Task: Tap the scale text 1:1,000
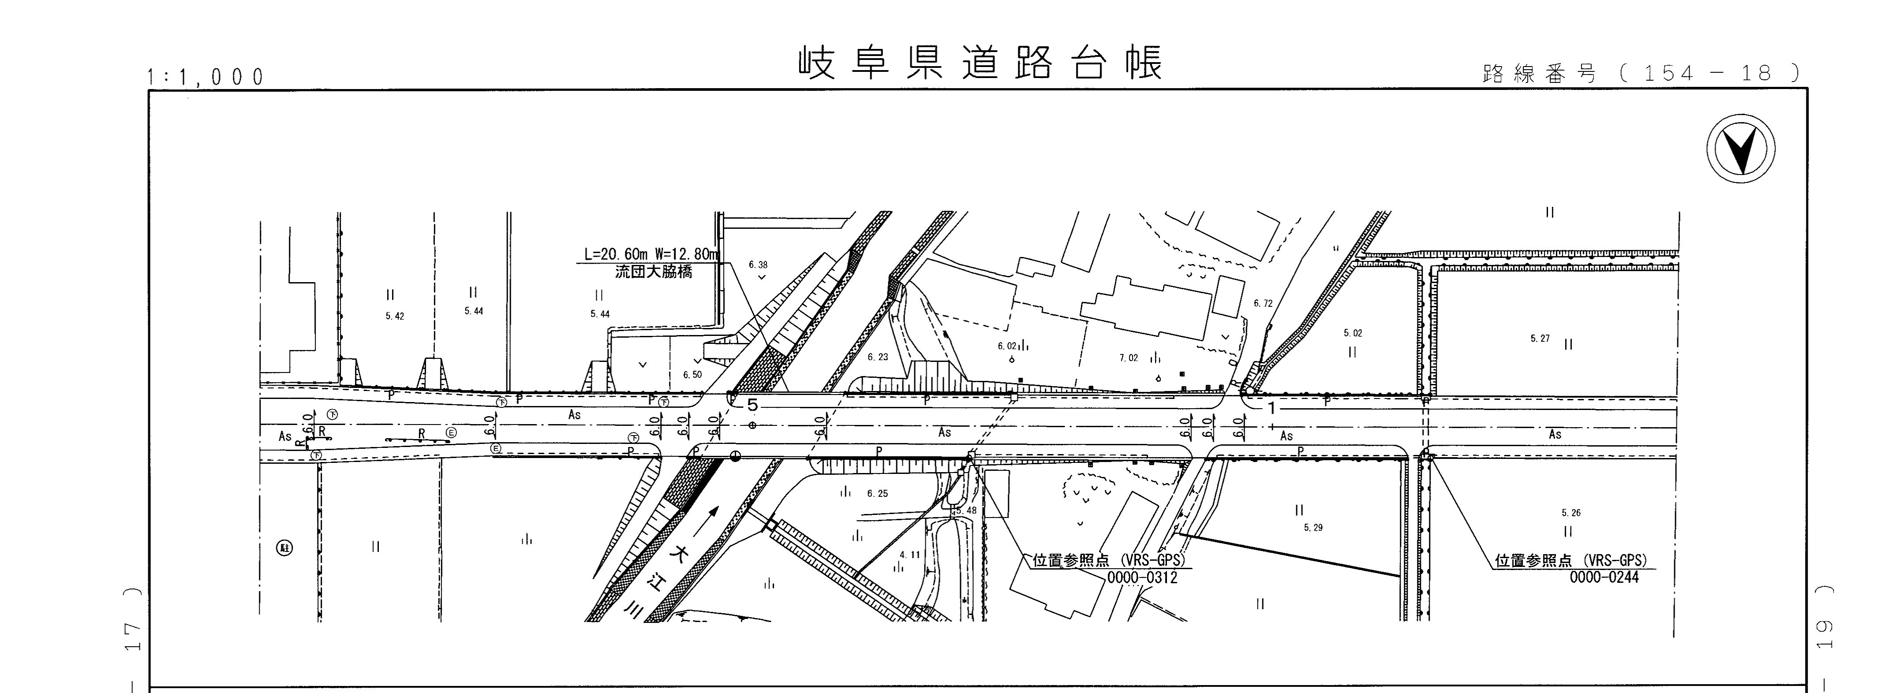click(x=206, y=77)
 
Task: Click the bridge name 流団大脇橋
click(x=654, y=272)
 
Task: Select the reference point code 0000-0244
click(x=1604, y=577)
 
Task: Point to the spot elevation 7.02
click(x=1128, y=358)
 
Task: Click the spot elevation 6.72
click(x=1263, y=303)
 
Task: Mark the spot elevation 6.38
click(x=758, y=265)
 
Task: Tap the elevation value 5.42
click(x=395, y=317)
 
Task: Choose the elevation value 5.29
click(x=1313, y=528)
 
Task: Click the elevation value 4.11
click(x=910, y=555)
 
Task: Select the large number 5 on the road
click(x=752, y=405)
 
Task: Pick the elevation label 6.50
click(x=692, y=374)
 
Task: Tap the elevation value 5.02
click(x=1353, y=333)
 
